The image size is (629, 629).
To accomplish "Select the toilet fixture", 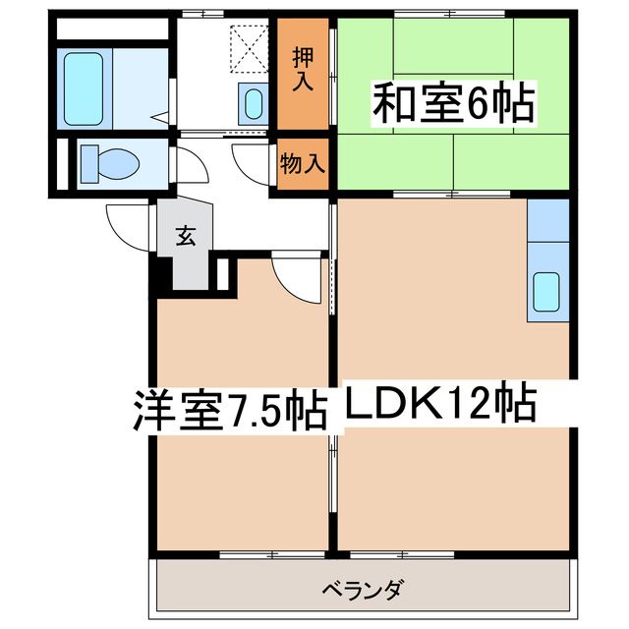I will click(103, 163).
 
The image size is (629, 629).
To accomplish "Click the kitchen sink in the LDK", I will click(545, 290).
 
